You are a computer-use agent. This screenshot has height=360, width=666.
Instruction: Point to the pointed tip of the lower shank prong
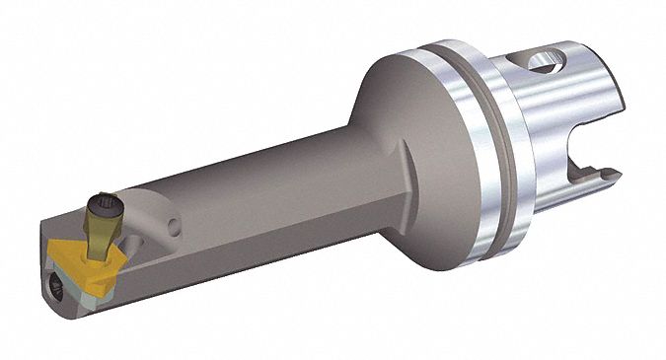coord(615,176)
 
